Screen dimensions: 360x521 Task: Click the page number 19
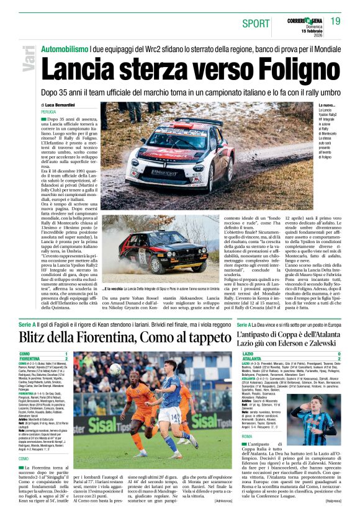click(x=336, y=22)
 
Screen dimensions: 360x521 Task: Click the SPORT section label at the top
click(x=256, y=24)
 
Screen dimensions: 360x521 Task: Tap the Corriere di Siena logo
click(x=304, y=21)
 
